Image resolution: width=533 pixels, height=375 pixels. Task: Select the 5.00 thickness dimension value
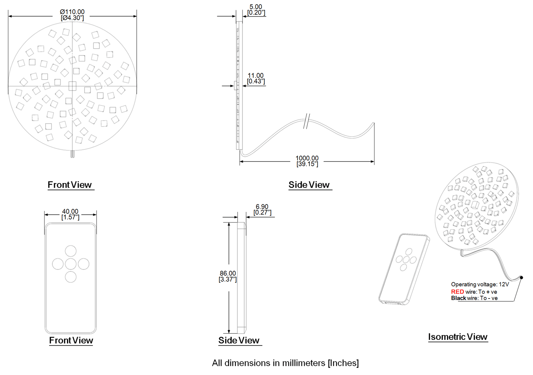point(256,7)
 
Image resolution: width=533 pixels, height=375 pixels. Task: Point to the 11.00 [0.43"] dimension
point(256,78)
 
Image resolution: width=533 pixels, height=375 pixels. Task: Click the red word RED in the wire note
point(457,292)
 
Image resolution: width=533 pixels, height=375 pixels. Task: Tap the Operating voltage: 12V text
point(480,284)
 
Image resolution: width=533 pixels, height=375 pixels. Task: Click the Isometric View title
point(458,337)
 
